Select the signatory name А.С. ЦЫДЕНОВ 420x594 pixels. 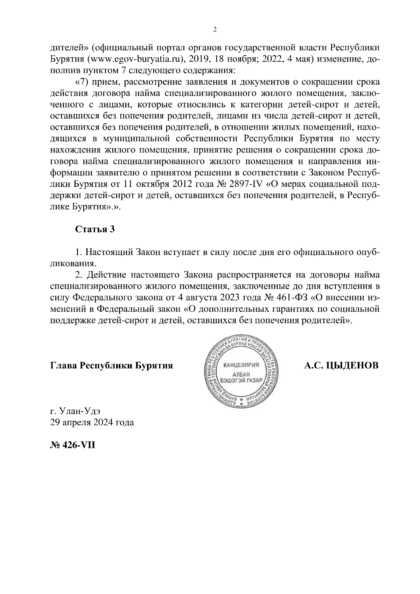coord(341,366)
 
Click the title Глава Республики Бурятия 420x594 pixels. coord(112,366)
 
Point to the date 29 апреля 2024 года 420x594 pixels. coord(92,422)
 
